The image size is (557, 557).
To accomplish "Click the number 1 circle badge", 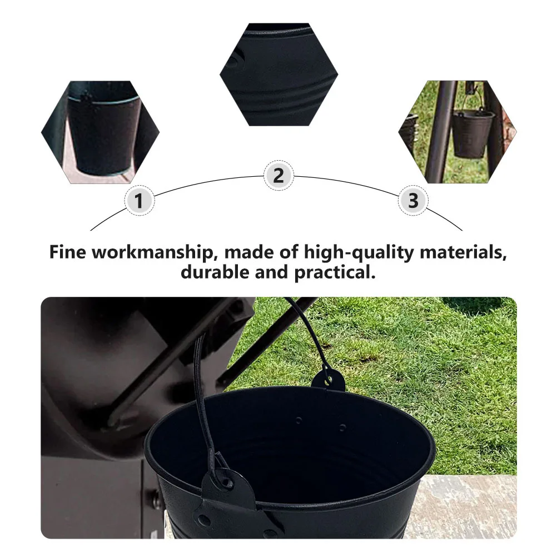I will click(140, 201).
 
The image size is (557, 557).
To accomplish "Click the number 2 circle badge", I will click(278, 176).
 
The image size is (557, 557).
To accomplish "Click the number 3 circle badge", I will click(412, 201).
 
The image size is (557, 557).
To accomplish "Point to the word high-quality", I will click(360, 252).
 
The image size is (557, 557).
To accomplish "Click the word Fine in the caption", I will click(67, 252).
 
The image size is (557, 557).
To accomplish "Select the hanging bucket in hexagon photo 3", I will click(473, 133).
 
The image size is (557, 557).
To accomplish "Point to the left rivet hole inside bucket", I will click(299, 421).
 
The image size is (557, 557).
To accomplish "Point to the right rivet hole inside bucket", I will click(342, 427).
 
